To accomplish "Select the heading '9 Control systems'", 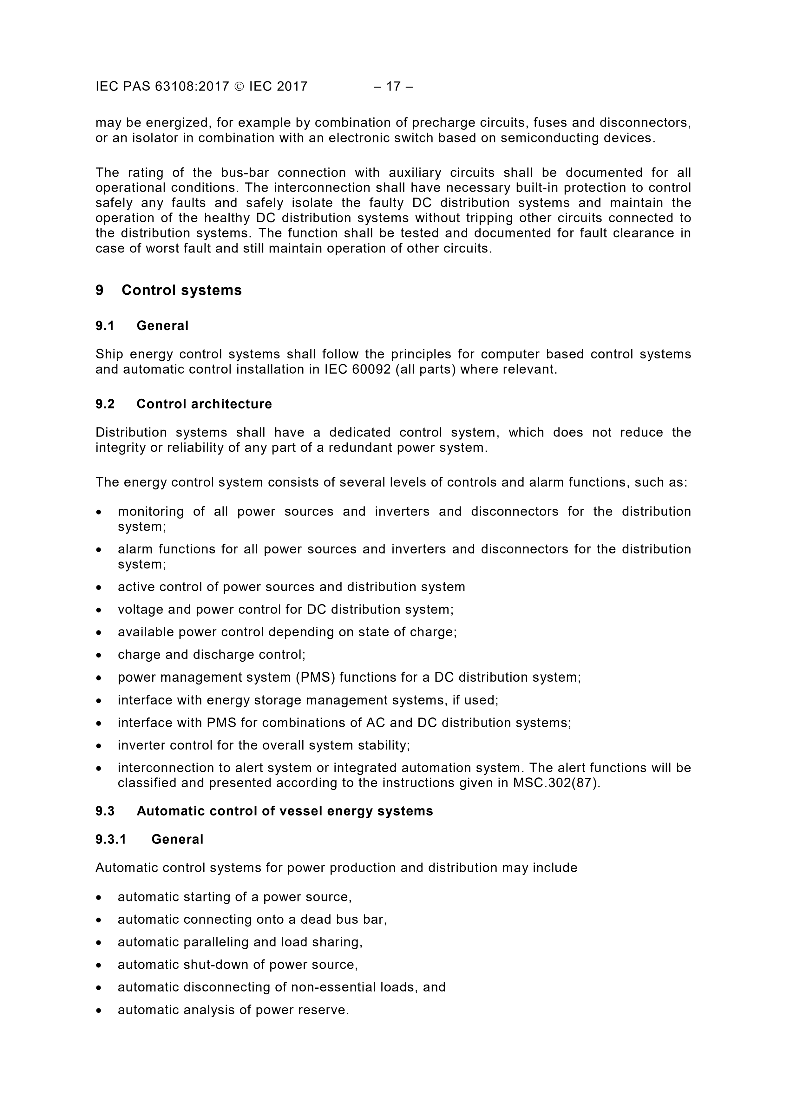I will click(x=169, y=290).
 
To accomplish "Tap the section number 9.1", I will click(x=105, y=326).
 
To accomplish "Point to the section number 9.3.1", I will click(x=111, y=839).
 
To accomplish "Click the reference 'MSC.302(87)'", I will click(x=556, y=783).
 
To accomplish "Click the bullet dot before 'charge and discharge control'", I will click(x=99, y=655).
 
